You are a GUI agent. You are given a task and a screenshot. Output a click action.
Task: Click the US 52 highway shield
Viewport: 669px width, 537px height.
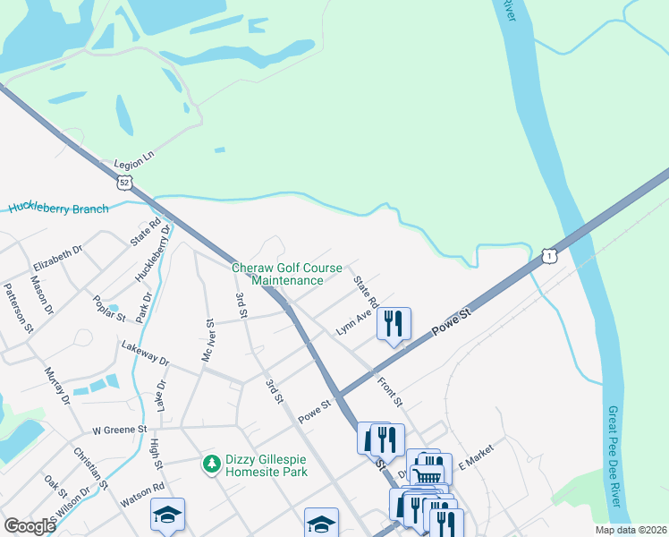tap(125, 182)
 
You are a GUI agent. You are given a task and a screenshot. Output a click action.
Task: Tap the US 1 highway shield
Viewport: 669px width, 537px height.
tap(548, 257)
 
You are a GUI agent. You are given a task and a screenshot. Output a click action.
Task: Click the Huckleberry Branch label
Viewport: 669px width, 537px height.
tap(59, 209)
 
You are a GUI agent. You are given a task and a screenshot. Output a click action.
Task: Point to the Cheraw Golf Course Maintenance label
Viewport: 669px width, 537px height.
tap(286, 274)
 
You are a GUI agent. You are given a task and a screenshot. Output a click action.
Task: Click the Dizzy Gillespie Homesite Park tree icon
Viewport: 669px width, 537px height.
tap(211, 463)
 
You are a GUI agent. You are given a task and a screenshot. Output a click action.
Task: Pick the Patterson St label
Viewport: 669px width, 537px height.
tap(18, 308)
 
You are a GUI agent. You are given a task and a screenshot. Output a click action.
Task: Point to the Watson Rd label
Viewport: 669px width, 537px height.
tap(142, 496)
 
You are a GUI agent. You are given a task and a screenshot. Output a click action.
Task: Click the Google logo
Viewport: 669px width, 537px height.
tap(30, 526)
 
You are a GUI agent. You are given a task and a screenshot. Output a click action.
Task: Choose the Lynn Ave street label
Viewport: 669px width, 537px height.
tap(353, 322)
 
